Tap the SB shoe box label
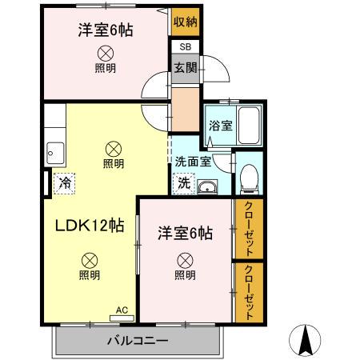click(x=185, y=47)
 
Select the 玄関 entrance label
click(x=185, y=68)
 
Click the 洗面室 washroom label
click(x=193, y=160)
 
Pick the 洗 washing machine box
click(x=184, y=183)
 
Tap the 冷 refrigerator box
click(x=64, y=182)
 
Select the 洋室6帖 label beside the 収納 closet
click(x=105, y=30)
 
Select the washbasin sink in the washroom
click(x=206, y=188)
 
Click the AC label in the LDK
click(x=122, y=308)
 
